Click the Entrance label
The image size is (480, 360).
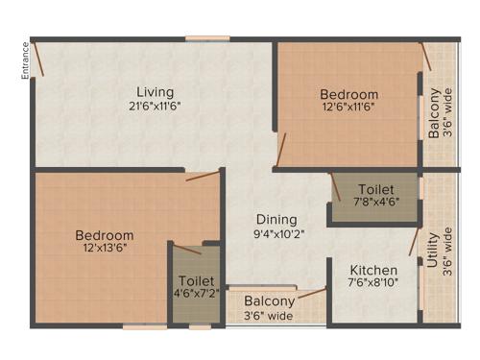point(26,60)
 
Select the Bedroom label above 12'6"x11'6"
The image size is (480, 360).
point(348,94)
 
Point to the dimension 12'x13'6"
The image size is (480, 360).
point(105,248)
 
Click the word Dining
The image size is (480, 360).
point(276,219)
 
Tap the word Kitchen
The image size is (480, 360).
point(373,269)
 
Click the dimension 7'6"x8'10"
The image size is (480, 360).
point(373,282)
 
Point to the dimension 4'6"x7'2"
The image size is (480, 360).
point(196,295)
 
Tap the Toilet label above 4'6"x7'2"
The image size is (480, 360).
point(196,281)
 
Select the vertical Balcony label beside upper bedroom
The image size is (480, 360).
point(434,113)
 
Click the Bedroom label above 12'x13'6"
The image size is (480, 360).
point(105,234)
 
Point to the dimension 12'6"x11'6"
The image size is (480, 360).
point(348,108)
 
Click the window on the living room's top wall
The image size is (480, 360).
point(207,38)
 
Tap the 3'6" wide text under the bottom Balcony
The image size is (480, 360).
point(268,315)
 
